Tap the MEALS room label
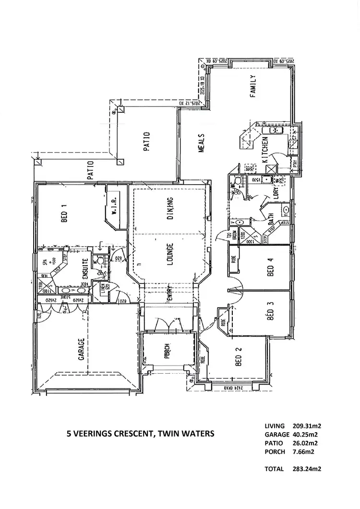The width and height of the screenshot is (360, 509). coord(202,143)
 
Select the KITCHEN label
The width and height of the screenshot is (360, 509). coord(264,150)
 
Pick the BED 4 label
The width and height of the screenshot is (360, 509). coord(270,268)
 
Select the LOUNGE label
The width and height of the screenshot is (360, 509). coord(170,255)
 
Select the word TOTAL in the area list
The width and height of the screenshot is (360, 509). coord(274,469)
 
